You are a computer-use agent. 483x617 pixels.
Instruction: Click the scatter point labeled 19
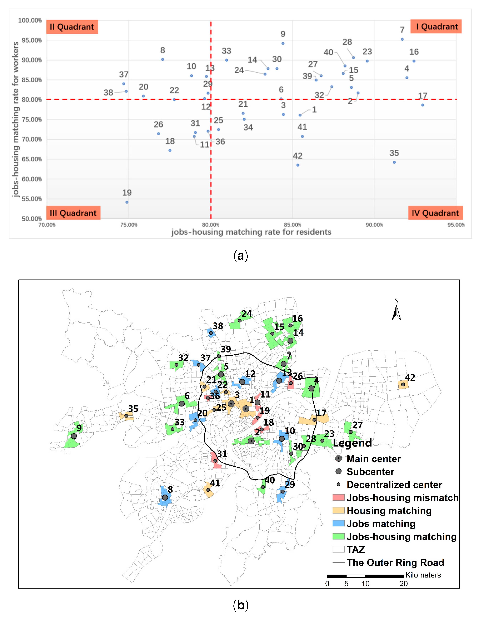(127, 202)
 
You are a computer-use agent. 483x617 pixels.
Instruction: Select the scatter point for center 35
(394, 162)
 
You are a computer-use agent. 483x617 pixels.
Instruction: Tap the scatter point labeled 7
(402, 39)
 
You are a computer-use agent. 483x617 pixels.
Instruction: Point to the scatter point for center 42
(298, 165)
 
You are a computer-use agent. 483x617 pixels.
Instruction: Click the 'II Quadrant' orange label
(72, 27)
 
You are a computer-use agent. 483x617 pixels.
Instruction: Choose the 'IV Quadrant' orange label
(435, 213)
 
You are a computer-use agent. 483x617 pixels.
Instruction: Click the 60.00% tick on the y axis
(32, 179)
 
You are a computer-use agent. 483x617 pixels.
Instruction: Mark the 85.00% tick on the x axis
(292, 225)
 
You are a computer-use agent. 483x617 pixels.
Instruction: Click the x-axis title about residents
(251, 232)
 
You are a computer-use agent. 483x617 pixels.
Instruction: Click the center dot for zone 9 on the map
(74, 436)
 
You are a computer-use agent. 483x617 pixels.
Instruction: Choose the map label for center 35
(133, 409)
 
